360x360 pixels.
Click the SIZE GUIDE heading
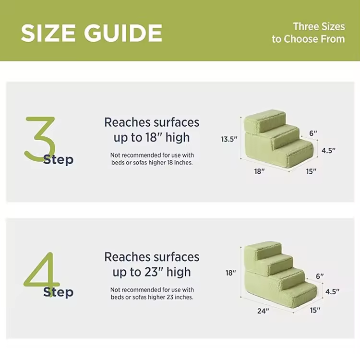91,33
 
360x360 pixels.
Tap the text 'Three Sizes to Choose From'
308,33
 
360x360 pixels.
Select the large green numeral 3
40,138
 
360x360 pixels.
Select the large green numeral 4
41,275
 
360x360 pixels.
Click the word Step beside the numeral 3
58,160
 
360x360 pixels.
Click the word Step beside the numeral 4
58,292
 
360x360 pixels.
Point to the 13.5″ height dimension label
229,139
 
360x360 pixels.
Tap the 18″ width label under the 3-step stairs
259,171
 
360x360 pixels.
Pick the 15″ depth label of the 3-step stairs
311,171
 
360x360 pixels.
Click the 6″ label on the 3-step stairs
313,133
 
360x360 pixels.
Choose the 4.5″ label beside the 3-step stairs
328,151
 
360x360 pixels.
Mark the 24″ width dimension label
263,311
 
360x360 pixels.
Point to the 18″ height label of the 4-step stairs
231,273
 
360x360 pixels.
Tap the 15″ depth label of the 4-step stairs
315,310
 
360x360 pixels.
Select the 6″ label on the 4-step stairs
320,276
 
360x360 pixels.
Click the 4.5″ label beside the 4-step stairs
332,291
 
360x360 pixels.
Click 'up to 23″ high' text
152,272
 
